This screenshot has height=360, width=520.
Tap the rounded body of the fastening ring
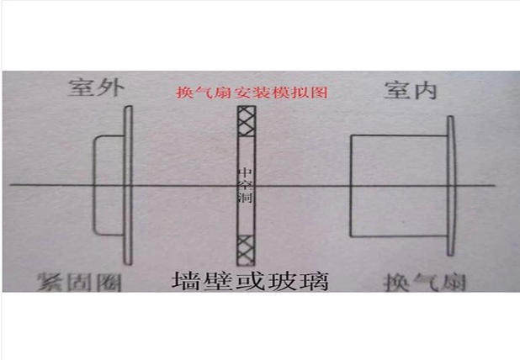107,184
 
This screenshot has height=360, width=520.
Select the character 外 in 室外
109,90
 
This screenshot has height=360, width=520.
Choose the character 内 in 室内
426,90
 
